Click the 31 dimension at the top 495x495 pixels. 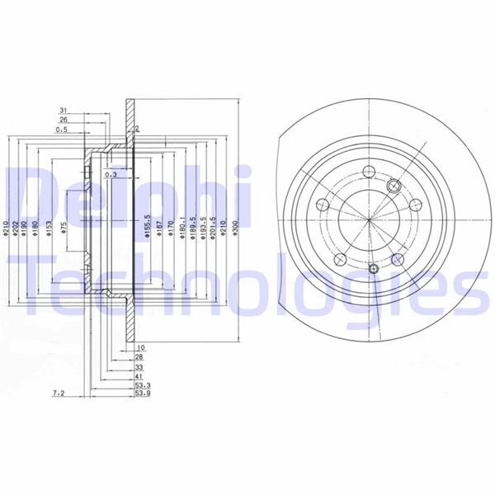62,110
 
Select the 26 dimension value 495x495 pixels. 62,120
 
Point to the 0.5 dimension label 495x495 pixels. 62,130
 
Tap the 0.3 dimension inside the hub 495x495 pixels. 111,175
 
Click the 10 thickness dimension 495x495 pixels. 140,347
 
